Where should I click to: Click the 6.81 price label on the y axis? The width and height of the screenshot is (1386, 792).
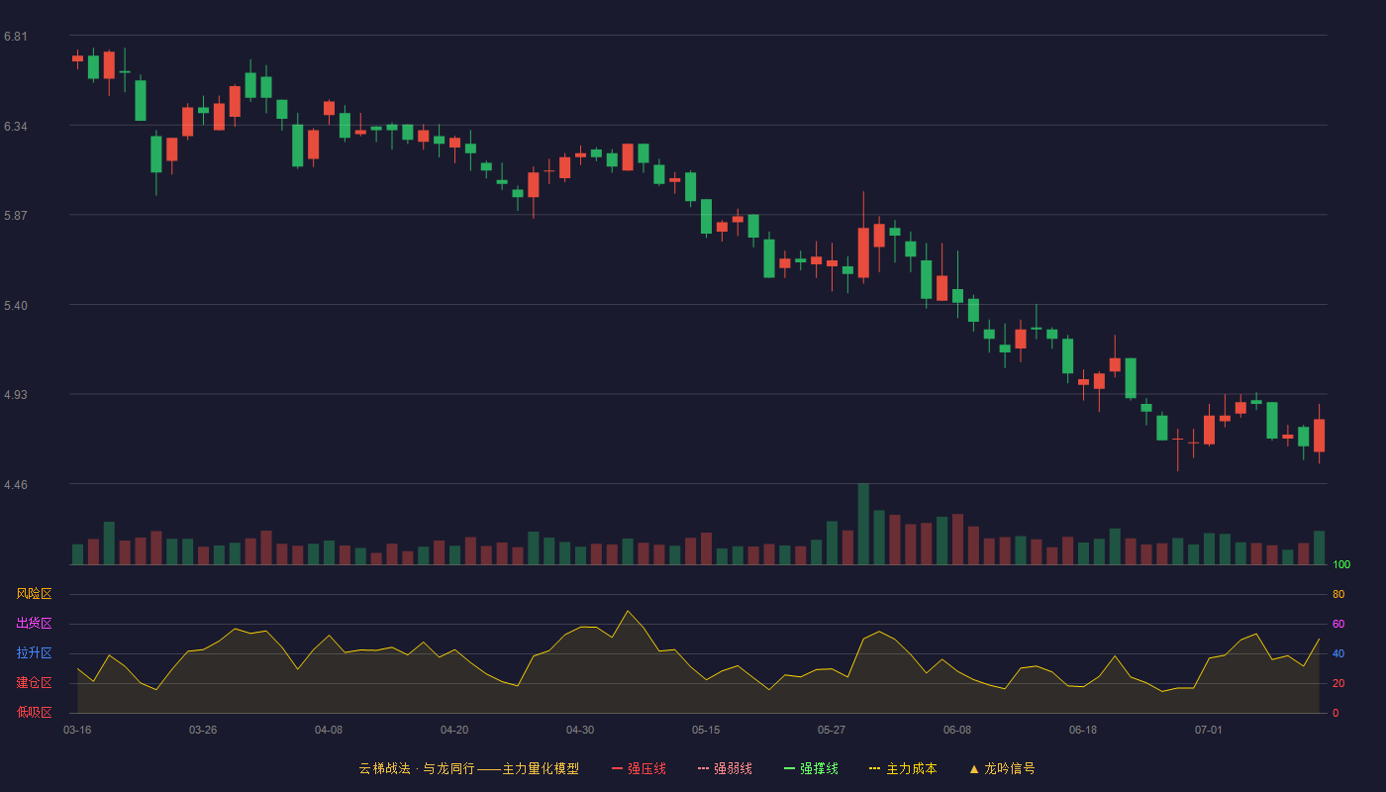pos(16,37)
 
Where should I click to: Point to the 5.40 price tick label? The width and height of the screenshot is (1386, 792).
pos(16,306)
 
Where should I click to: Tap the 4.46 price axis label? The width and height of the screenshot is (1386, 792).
pos(16,485)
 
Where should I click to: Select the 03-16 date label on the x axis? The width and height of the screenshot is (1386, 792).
pos(77,731)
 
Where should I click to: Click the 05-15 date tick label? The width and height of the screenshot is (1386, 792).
pos(706,731)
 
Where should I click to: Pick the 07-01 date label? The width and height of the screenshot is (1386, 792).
pos(1209,731)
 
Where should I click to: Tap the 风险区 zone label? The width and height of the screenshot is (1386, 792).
pos(34,594)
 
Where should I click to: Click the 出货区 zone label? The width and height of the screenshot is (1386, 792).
pos(34,623)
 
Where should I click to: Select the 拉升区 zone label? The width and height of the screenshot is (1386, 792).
pos(34,652)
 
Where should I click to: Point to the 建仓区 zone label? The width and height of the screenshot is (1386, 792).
pos(34,682)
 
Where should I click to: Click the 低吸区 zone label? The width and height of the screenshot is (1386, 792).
pos(34,712)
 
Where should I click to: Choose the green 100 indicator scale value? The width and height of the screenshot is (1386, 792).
pos(1341,564)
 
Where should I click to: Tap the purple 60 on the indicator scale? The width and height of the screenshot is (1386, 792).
pos(1338,624)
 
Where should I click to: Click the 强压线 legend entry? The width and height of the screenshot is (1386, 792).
pos(639,768)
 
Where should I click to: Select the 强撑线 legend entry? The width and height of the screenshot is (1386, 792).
pos(811,768)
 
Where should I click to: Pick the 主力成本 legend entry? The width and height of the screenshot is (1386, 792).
pos(903,768)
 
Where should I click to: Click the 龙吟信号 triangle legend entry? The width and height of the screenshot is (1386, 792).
pos(1002,768)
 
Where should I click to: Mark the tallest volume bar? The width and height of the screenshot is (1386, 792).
pos(863,524)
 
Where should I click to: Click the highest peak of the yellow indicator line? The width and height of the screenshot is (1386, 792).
pos(628,612)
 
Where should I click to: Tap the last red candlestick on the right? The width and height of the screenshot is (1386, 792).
pos(1319,436)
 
